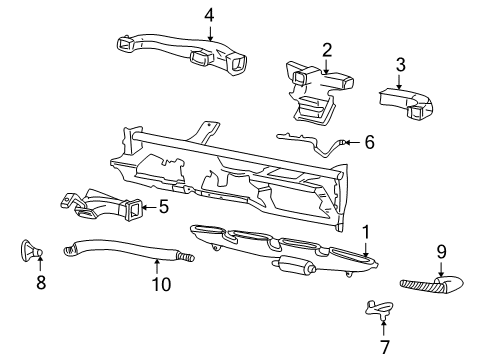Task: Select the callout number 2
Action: tap(327, 49)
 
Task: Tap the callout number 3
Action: tap(400, 65)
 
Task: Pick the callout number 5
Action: tap(163, 208)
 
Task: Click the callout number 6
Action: tap(369, 142)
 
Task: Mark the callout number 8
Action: tap(40, 283)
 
